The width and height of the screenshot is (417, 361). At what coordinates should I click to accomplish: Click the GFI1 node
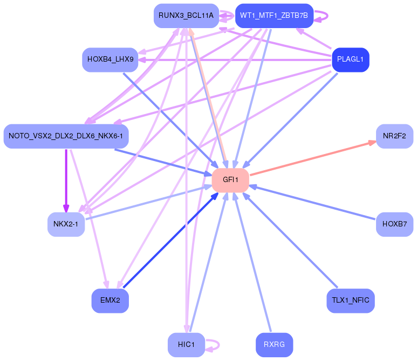click(230, 180)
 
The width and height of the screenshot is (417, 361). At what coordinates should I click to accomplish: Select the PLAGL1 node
click(351, 59)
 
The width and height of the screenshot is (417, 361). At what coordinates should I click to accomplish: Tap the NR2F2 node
click(394, 136)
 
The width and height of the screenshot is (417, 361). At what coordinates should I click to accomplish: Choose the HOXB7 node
click(394, 223)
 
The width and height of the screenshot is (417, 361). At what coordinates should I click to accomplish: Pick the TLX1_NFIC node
click(350, 300)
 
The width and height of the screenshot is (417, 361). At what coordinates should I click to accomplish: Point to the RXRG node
click(274, 345)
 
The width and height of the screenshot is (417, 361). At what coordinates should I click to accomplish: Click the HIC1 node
click(186, 345)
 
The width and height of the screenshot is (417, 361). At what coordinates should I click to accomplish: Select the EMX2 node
click(110, 300)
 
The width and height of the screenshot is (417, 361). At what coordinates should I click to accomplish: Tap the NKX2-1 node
click(66, 223)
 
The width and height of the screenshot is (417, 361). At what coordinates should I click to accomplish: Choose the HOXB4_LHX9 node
click(110, 59)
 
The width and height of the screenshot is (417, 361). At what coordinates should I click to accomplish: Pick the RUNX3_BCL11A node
click(186, 16)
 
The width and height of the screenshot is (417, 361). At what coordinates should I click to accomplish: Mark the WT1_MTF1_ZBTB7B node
click(274, 16)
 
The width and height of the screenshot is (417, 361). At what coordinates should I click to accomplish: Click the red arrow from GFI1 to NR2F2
click(313, 158)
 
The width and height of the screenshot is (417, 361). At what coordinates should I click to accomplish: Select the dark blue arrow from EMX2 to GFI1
click(170, 240)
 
